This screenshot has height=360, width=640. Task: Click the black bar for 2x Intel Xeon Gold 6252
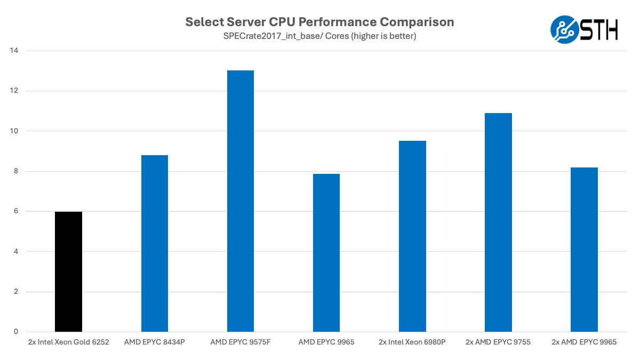pos(68,272)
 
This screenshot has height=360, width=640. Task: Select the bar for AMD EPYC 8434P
pos(155,244)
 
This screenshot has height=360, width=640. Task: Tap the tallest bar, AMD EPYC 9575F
pos(241,201)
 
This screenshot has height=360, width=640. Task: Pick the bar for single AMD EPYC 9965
pos(326,253)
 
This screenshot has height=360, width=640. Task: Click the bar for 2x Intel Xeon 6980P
pos(412,236)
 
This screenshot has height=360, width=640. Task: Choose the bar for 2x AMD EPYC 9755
pos(498,222)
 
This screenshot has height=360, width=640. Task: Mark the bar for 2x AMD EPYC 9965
pos(584,250)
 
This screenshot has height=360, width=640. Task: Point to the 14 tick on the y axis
pos(14,51)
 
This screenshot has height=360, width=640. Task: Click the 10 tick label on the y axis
pos(14,131)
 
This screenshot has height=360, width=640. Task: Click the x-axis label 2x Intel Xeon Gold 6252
pos(68,342)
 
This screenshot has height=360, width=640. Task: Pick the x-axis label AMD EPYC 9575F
pos(241,342)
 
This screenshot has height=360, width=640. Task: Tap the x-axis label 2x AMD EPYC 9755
pos(498,342)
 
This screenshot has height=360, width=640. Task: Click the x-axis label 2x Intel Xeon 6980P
pos(412,342)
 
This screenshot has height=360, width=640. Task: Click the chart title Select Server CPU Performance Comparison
pos(319,22)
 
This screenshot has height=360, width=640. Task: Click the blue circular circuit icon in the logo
pos(564,30)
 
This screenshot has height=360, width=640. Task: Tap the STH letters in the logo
pos(599,30)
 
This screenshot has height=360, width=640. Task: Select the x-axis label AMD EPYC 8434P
pos(155,342)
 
